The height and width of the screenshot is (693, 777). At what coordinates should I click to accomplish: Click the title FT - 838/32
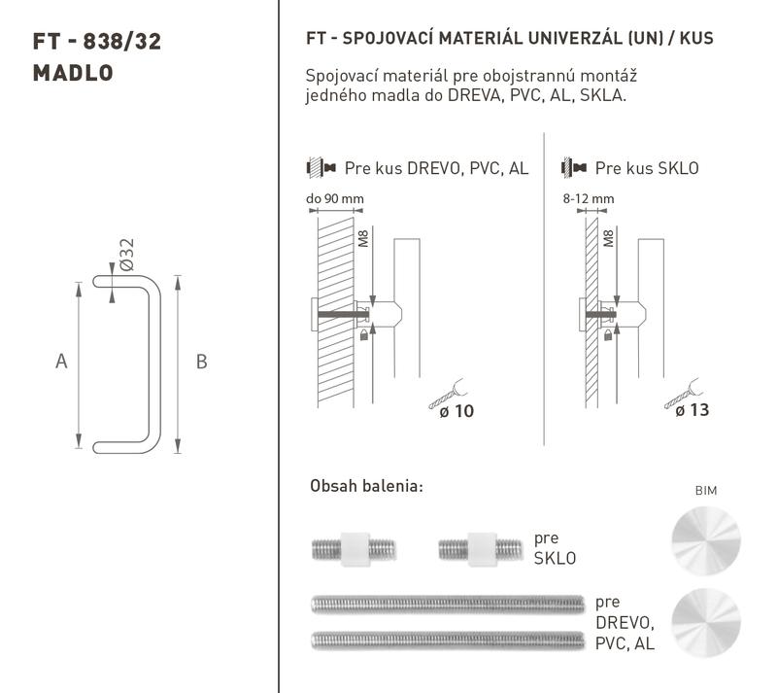coord(97,42)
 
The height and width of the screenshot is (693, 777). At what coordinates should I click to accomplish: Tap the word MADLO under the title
coord(73,74)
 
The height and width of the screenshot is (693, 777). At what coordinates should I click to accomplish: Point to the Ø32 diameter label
coord(127,255)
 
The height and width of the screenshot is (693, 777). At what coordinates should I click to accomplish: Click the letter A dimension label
coord(61,362)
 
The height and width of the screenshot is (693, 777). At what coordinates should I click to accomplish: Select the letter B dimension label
coord(201,362)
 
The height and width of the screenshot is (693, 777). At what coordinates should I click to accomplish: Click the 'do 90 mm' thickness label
coord(335,199)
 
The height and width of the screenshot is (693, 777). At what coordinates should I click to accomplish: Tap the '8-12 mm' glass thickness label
coord(589,199)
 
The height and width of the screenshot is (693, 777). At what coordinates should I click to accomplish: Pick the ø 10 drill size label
coord(456,411)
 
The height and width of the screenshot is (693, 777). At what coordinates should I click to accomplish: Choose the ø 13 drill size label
coord(693,410)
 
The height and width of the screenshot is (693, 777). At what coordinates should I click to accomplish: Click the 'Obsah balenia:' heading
coord(367,486)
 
